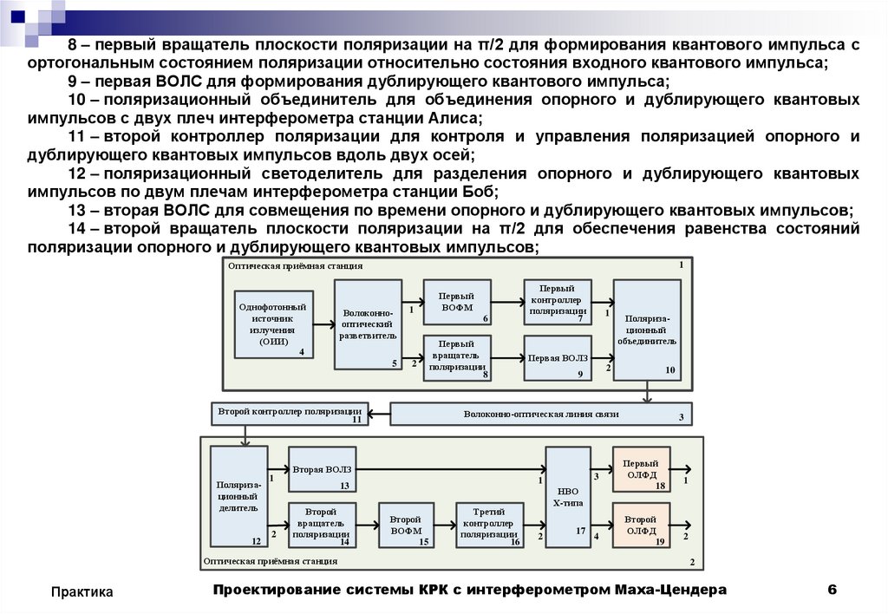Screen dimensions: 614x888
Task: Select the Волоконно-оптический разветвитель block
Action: (x=368, y=324)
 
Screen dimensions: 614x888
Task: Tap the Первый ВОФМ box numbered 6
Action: (x=457, y=303)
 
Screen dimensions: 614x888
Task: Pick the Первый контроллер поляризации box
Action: (x=558, y=303)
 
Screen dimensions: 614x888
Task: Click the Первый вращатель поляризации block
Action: (x=457, y=356)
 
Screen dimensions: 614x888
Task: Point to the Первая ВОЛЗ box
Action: (x=558, y=357)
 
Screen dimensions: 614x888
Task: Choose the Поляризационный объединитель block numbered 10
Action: (x=647, y=329)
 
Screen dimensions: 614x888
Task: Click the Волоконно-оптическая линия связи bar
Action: (x=541, y=415)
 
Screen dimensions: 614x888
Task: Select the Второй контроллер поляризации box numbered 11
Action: (x=290, y=414)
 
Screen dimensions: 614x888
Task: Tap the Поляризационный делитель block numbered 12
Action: (x=237, y=497)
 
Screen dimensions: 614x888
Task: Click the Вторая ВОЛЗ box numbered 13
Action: (x=322, y=471)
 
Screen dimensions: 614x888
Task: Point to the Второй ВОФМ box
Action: (x=406, y=526)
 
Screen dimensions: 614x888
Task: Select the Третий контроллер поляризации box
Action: (x=490, y=526)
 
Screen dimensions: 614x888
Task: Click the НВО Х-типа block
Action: (x=568, y=497)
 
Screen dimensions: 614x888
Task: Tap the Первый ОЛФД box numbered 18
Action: (x=641, y=471)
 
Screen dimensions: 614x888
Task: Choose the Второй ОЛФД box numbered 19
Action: (x=641, y=525)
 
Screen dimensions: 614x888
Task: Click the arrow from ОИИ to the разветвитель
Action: (x=323, y=324)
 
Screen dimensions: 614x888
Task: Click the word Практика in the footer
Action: (x=82, y=591)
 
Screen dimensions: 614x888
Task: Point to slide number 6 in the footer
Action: (x=832, y=591)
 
